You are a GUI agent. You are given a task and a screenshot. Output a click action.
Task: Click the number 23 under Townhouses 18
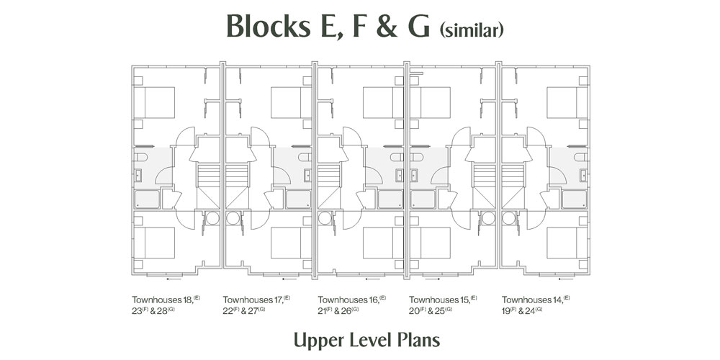pos(137,311)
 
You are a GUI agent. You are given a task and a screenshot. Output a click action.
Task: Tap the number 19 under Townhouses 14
pos(507,311)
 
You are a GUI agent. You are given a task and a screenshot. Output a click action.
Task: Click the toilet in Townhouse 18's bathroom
pos(140,156)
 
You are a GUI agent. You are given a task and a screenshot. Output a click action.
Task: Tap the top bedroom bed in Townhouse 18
pos(158,102)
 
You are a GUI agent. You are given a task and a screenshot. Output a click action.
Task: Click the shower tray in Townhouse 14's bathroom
pos(573,198)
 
